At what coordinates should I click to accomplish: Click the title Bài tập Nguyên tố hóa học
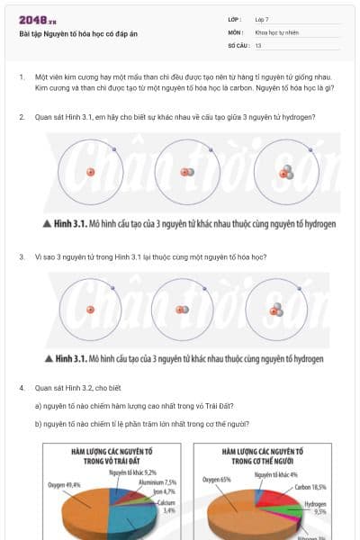[x=72, y=33]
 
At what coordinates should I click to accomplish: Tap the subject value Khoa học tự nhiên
[x=275, y=31]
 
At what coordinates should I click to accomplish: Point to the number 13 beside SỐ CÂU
[x=258, y=44]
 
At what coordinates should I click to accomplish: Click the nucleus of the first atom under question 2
[x=91, y=173]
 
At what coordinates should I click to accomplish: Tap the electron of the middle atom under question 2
[x=211, y=148]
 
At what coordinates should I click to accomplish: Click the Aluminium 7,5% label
[x=157, y=482]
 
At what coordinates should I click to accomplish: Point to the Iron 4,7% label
[x=163, y=492]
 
